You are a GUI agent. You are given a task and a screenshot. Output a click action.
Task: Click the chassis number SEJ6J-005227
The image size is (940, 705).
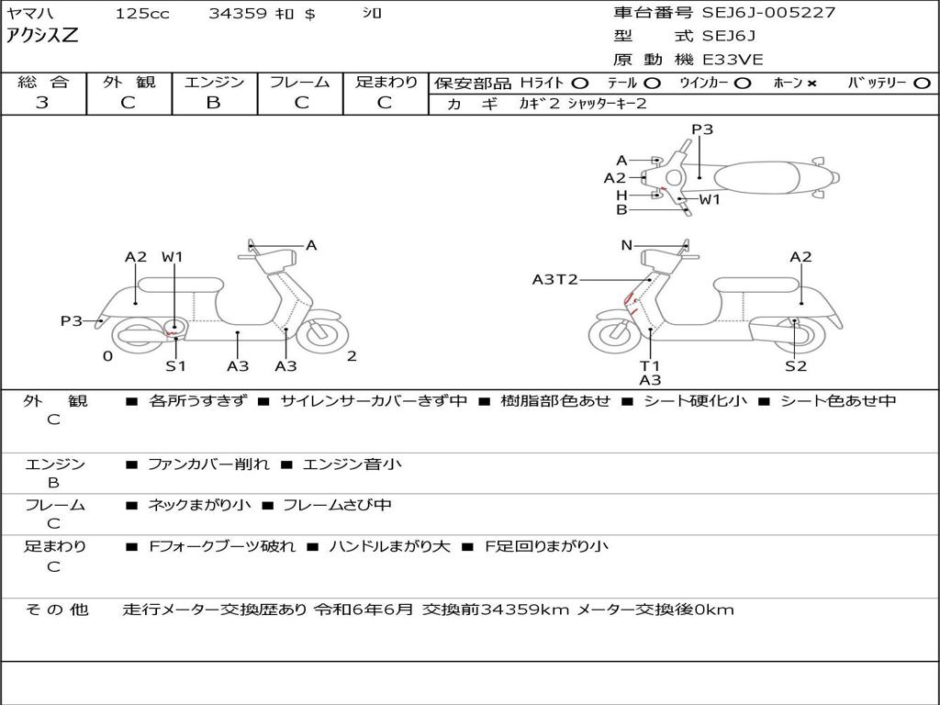pyautogui.click(x=768, y=13)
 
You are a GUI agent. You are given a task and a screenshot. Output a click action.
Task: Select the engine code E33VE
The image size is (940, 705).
pyautogui.click(x=733, y=60)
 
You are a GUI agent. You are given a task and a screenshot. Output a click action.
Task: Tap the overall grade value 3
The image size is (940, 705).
pyautogui.click(x=42, y=103)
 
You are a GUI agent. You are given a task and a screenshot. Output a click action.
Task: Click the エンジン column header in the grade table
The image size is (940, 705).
pyautogui.click(x=214, y=83)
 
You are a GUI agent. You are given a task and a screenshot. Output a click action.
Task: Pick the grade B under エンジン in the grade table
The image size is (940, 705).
pyautogui.click(x=213, y=103)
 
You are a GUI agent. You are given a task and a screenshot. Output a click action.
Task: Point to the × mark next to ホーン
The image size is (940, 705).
pyautogui.click(x=811, y=84)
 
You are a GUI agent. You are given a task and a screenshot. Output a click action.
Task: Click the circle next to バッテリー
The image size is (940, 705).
pyautogui.click(x=922, y=84)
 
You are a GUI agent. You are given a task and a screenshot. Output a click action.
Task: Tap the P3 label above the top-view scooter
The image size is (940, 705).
pyautogui.click(x=702, y=129)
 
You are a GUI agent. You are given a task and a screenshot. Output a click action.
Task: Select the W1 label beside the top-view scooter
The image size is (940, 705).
pyautogui.click(x=710, y=199)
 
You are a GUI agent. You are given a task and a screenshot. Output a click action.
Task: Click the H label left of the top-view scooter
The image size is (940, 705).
pyautogui.click(x=621, y=195)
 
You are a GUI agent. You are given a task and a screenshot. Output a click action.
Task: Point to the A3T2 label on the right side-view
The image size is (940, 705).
pyautogui.click(x=554, y=279)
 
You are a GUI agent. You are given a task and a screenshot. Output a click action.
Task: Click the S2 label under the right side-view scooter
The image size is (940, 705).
pyautogui.click(x=796, y=366)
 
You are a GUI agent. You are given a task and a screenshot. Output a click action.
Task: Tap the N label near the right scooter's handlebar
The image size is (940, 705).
pyautogui.click(x=627, y=245)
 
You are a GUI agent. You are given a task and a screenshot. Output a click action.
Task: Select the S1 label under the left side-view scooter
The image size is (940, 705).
pyautogui.click(x=175, y=366)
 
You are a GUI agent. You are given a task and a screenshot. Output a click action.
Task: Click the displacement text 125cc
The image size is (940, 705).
pyautogui.click(x=142, y=14)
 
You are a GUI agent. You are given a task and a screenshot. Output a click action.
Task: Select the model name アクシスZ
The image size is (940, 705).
pyautogui.click(x=43, y=37)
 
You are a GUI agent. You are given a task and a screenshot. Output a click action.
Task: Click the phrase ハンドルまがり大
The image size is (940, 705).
pyautogui.click(x=389, y=546)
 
